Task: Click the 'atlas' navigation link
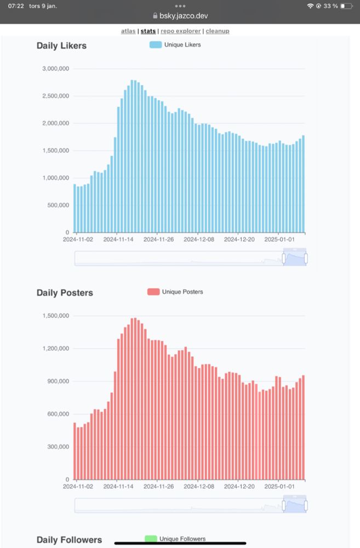[x=128, y=31]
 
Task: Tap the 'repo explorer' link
[x=181, y=31]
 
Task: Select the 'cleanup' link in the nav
[x=218, y=31]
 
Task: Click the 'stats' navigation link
[x=148, y=31]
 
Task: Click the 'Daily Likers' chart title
[x=61, y=46]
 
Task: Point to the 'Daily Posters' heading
[x=65, y=293]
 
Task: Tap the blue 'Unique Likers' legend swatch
[x=156, y=45]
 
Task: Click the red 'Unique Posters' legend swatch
[x=153, y=292]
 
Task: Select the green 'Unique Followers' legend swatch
[x=151, y=539]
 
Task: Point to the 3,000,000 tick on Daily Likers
[x=55, y=69]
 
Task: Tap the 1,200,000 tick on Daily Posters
[x=55, y=349]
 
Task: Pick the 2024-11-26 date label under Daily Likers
[x=158, y=239]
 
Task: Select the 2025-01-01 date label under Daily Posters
[x=279, y=486]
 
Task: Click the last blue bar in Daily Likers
[x=303, y=184]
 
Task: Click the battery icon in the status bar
[x=346, y=6]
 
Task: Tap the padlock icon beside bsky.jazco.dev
[x=155, y=16]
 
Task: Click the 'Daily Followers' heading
[x=69, y=540]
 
